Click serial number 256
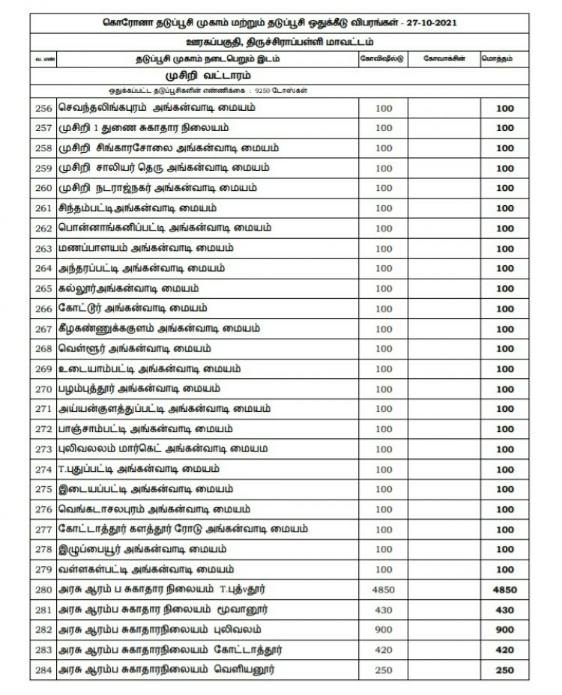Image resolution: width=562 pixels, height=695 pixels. (43, 108)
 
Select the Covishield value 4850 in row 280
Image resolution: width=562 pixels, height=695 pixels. (383, 590)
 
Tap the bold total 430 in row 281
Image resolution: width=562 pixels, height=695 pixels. (504, 610)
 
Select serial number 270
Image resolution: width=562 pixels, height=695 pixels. (43, 389)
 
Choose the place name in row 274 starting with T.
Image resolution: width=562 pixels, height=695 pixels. (139, 470)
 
